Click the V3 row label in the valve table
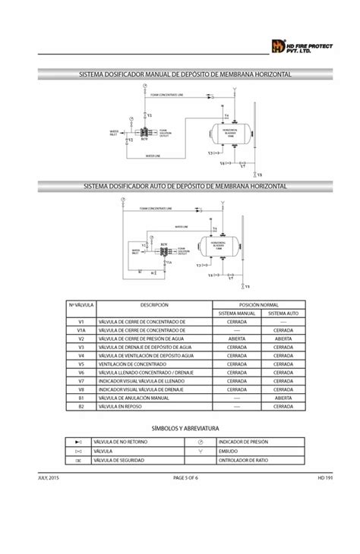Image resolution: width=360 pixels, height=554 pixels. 80,347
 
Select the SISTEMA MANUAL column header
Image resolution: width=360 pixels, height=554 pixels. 236,313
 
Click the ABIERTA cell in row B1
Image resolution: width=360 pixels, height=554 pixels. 283,398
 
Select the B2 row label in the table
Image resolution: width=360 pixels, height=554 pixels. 80,406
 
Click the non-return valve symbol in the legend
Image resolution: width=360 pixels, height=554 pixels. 78,441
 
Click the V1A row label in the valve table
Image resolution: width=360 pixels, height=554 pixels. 80,330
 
